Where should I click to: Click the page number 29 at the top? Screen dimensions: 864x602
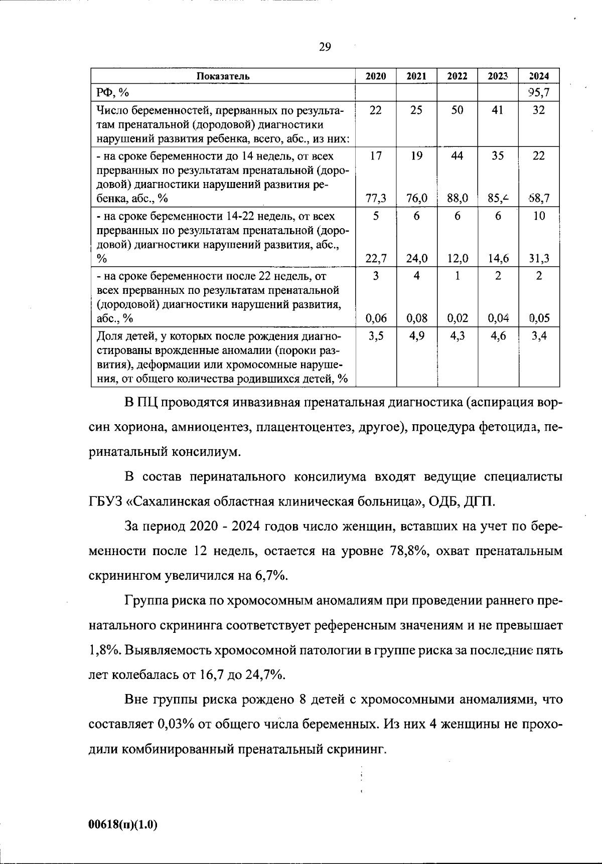click(x=325, y=47)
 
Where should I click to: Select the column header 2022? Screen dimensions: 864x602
click(x=457, y=76)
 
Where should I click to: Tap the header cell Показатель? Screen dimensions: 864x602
click(x=223, y=76)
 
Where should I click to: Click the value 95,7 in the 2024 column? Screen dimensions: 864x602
click(x=539, y=92)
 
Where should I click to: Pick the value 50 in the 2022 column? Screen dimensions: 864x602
click(x=457, y=110)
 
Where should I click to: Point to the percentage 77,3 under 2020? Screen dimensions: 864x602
click(x=375, y=199)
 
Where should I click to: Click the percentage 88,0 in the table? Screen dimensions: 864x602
click(x=457, y=199)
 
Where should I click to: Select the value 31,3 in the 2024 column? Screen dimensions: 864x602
click(x=539, y=259)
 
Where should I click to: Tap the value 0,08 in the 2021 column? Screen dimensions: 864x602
click(x=416, y=318)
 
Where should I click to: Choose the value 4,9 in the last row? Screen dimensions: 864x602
click(x=416, y=336)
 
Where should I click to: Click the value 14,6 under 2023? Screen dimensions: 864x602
click(x=498, y=259)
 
